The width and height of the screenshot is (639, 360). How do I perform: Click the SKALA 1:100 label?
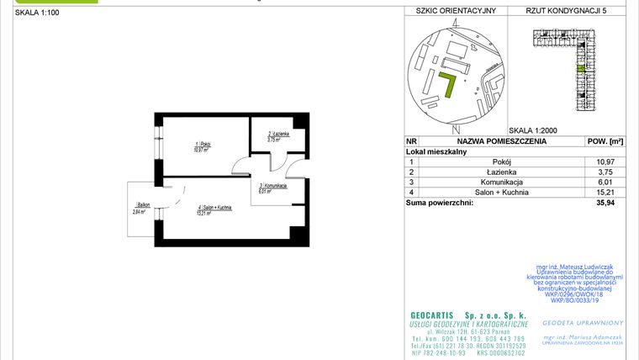(37, 12)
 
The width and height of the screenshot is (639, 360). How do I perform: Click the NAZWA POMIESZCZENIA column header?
(502, 141)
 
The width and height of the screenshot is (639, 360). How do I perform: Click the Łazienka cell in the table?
(502, 172)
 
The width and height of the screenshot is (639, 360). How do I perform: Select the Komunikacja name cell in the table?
(502, 182)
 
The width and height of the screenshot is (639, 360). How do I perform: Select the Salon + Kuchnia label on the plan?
(214, 209)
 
